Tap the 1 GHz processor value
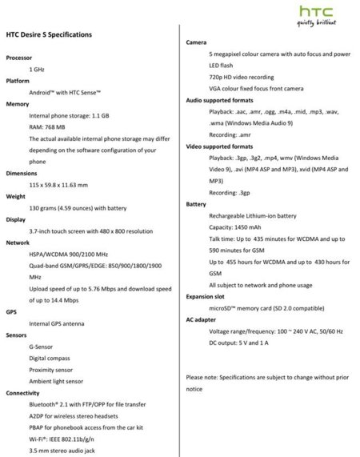pos(37,70)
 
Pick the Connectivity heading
pos(23,393)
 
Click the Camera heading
pos(197,42)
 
